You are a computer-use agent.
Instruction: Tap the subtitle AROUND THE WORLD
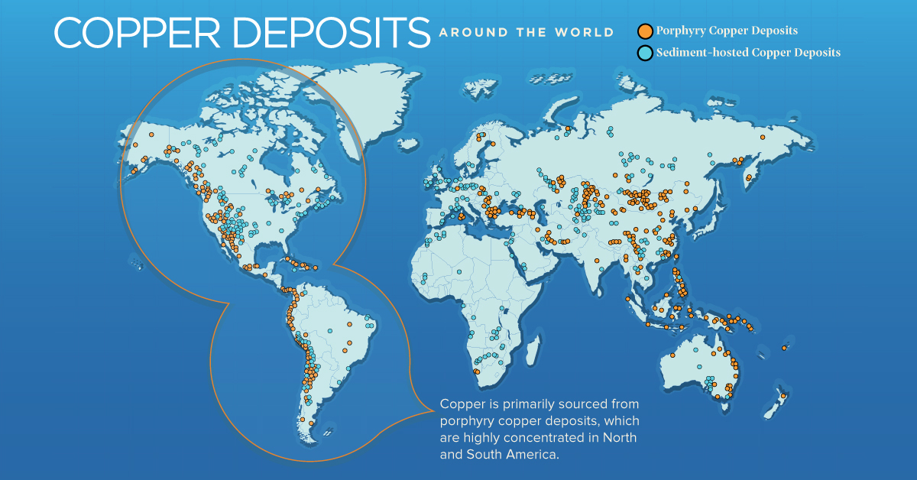(527, 33)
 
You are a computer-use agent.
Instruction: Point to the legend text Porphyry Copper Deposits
(727, 31)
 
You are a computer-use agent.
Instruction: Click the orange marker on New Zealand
(783, 396)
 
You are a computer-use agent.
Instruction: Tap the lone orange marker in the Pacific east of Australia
(785, 349)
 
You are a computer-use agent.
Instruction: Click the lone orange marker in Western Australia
(697, 351)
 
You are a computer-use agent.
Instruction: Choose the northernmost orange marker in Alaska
(151, 135)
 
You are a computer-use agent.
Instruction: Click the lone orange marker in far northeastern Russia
(763, 136)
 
